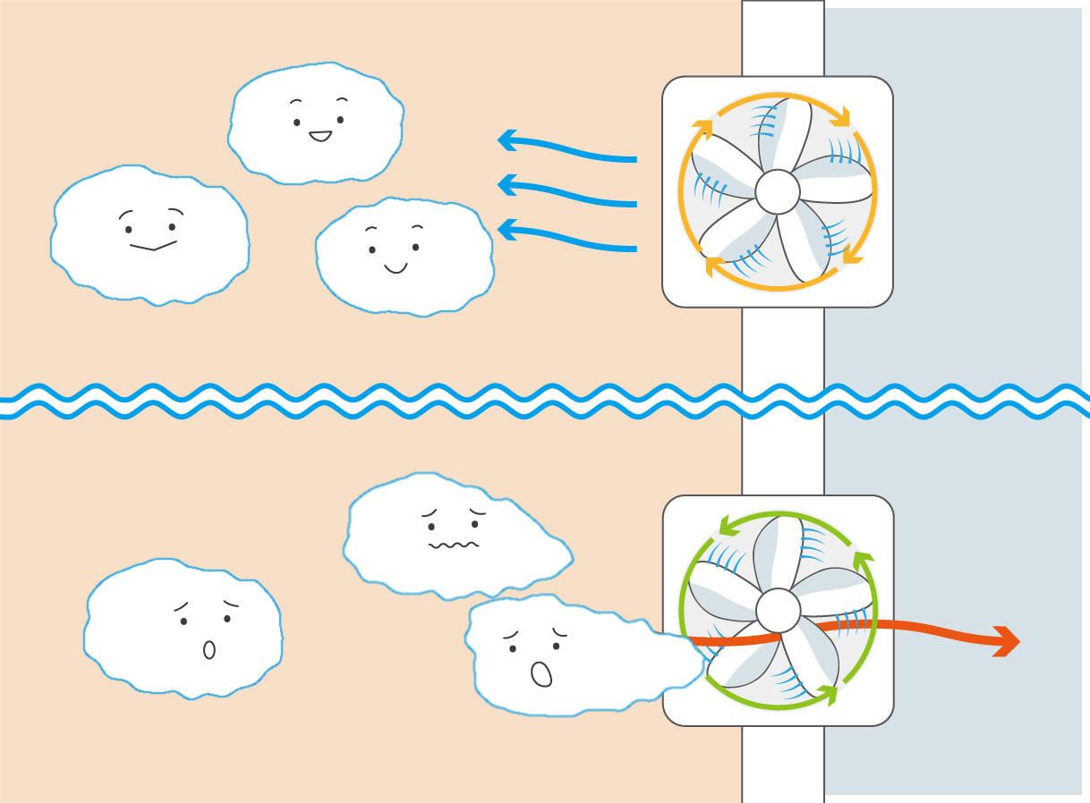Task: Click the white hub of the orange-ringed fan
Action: pos(777,191)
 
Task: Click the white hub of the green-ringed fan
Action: pos(778,610)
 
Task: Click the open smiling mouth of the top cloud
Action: pos(319,137)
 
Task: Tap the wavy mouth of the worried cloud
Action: pos(454,544)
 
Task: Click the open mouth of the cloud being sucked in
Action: pos(541,673)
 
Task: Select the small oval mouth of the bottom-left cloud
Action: pos(209,650)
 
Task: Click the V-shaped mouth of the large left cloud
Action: pos(153,245)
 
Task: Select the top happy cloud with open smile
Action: pos(315,123)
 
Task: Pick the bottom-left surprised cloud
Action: pos(183,628)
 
